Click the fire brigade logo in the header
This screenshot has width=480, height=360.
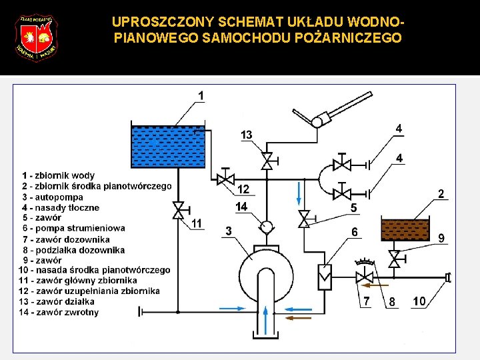coord(37,37)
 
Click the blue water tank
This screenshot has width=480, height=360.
coord(167,147)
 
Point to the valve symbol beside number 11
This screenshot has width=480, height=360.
coord(178,211)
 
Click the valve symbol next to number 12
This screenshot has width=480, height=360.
coord(225,179)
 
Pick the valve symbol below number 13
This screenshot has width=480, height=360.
coord(267,161)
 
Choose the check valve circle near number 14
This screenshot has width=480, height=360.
coord(267,226)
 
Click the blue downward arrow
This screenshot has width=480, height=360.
coord(299,193)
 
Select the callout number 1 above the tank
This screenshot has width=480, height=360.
coord(201,96)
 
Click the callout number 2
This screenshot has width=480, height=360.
coord(441,194)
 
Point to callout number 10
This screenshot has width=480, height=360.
coord(420,301)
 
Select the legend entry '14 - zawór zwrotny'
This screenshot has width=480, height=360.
coord(59,312)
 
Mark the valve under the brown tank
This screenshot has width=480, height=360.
coord(395,259)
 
